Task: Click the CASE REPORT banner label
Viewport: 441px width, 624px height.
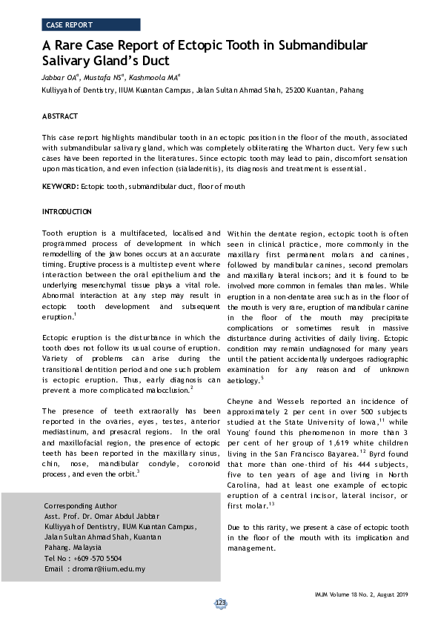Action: pyautogui.click(x=69, y=24)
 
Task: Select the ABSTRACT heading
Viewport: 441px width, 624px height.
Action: pyautogui.click(x=60, y=116)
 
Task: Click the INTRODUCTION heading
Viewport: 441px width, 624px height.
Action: pyautogui.click(x=67, y=212)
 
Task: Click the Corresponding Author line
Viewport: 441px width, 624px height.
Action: pyautogui.click(x=80, y=505)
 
